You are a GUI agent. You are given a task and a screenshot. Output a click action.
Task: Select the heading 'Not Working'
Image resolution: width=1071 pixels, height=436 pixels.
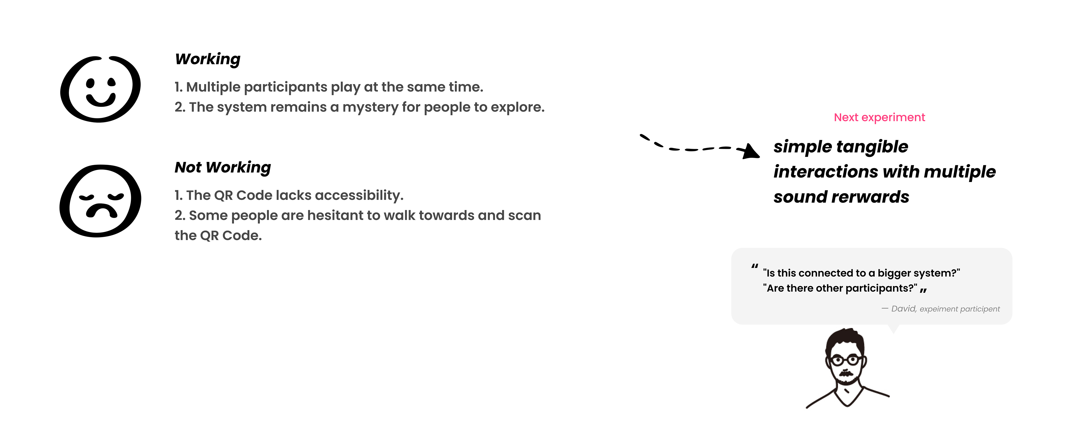[x=223, y=167]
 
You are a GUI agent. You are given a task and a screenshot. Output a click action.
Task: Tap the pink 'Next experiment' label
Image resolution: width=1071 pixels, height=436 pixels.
[x=879, y=117]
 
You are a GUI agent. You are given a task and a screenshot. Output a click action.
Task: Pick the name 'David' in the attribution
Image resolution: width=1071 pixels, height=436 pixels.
[x=903, y=309]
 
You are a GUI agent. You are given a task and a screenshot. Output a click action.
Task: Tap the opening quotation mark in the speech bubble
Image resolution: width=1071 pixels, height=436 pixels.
[x=755, y=266]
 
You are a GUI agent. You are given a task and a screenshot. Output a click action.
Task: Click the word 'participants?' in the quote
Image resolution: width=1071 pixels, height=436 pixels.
[x=881, y=288]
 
